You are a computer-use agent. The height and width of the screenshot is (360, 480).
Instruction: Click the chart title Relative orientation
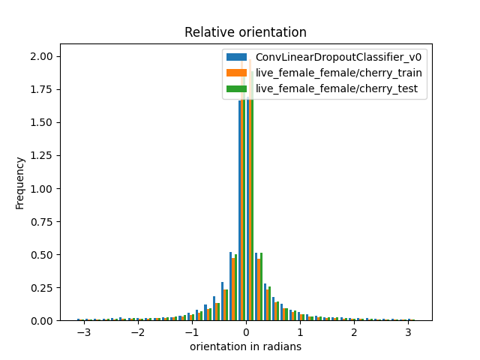pyautogui.click(x=245, y=32)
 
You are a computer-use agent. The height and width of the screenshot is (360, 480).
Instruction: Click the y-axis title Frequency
pyautogui.click(x=20, y=182)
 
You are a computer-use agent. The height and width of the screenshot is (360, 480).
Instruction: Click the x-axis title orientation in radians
pyautogui.click(x=245, y=346)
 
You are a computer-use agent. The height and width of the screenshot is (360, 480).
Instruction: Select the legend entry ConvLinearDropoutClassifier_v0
pyautogui.click(x=338, y=58)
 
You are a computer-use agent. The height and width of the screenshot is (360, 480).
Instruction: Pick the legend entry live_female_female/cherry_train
pyautogui.click(x=338, y=73)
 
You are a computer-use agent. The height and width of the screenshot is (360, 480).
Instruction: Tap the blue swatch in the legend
pyautogui.click(x=237, y=58)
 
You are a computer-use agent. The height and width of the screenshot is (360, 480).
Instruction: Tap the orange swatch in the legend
pyautogui.click(x=237, y=73)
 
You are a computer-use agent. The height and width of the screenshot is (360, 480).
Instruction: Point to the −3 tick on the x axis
pyautogui.click(x=83, y=331)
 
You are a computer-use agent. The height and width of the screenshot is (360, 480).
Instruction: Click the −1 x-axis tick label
pyautogui.click(x=191, y=331)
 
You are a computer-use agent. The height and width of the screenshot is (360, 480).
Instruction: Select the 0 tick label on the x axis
pyautogui.click(x=246, y=331)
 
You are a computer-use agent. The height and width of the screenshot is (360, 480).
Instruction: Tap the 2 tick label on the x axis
pyautogui.click(x=354, y=331)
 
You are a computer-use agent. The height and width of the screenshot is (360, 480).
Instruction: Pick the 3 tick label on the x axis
pyautogui.click(x=408, y=331)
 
